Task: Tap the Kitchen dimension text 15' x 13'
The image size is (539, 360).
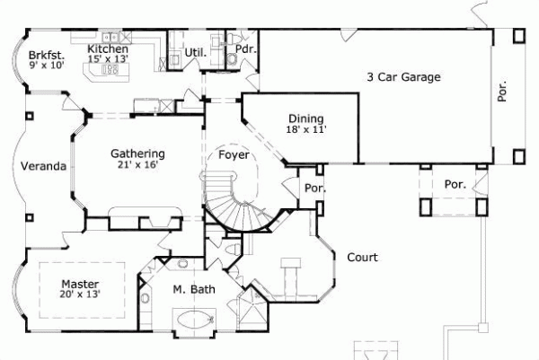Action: point(108,59)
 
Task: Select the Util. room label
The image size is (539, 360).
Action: point(195,54)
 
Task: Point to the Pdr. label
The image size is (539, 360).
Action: point(245,49)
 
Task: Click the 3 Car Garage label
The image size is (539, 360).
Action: point(402,77)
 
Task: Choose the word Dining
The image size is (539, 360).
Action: point(305,119)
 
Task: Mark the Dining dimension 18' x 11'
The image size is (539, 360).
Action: point(305,130)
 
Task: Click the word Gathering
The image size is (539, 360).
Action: point(137,154)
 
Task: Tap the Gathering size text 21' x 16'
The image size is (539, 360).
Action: point(136,165)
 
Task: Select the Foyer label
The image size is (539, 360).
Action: point(235,154)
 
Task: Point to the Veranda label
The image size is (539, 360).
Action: point(43,166)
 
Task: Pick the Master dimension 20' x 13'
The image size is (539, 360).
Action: point(79,293)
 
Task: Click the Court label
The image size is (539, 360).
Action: point(363,258)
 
